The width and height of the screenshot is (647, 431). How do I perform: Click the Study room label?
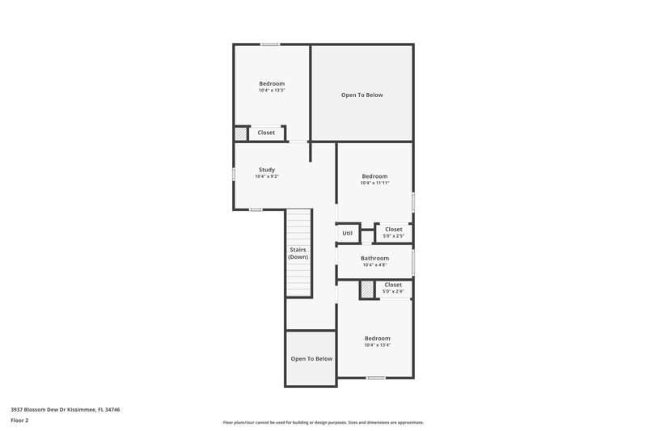267,170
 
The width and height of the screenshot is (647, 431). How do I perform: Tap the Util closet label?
347,234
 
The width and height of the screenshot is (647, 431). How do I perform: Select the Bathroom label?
374,258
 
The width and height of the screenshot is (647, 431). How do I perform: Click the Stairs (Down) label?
298,253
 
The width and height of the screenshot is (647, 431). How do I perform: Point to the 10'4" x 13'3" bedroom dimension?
272,91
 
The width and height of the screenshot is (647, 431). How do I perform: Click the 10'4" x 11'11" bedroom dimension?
374,184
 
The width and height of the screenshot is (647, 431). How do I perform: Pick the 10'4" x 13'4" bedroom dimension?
377,345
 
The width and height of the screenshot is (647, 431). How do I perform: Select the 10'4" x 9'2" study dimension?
267,177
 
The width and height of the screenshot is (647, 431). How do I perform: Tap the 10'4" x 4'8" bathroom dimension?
374,265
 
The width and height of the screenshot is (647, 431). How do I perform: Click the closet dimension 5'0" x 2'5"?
394,236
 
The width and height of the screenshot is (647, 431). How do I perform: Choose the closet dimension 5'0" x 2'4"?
393,292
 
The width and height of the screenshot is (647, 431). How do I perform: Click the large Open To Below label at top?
362,95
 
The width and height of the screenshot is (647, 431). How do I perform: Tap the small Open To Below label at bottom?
311,358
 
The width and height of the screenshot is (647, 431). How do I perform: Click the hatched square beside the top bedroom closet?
241,134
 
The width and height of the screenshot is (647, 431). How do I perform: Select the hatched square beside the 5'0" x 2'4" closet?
367,289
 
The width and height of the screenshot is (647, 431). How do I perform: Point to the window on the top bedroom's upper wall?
270,44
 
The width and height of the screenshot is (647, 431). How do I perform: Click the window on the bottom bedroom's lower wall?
375,378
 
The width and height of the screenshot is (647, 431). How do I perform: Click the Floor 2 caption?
19,420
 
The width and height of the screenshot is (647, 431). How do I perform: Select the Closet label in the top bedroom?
266,133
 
